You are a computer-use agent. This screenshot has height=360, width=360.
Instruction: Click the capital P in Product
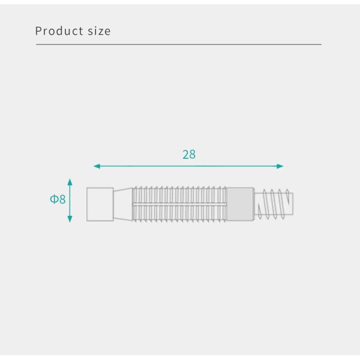click(x=38, y=31)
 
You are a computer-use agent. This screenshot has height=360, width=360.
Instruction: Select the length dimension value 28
click(x=189, y=154)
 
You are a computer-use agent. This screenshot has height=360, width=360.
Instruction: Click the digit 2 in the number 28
click(x=185, y=154)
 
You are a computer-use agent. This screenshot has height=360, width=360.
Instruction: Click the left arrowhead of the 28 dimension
click(x=96, y=166)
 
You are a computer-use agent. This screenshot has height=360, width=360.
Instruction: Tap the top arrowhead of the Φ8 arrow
click(x=70, y=181)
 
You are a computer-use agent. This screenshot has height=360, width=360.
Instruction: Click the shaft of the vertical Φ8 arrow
click(x=70, y=200)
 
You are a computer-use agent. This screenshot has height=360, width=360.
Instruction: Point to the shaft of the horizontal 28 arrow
click(x=188, y=166)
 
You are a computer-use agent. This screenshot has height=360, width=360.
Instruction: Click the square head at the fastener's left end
click(x=100, y=204)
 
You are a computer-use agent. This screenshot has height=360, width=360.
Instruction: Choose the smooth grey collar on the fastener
click(x=240, y=204)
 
